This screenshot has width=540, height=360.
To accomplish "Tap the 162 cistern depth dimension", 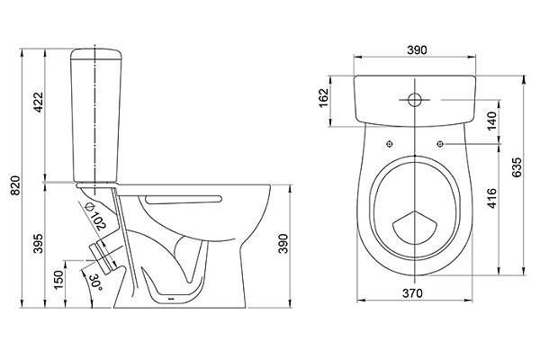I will click(x=325, y=97).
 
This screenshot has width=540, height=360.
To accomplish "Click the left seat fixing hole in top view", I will click(x=389, y=144).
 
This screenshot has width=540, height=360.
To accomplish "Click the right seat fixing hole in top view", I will click(x=443, y=144).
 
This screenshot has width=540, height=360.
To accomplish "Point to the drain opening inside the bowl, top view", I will click(x=416, y=226).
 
